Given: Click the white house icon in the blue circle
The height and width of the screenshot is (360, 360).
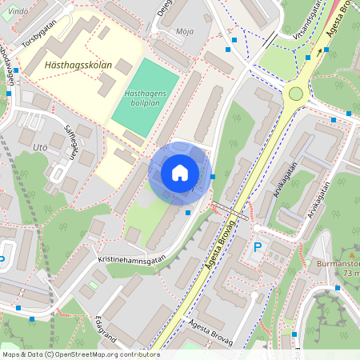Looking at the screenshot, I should (x=180, y=172).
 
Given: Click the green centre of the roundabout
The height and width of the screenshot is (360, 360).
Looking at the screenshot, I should (x=296, y=94).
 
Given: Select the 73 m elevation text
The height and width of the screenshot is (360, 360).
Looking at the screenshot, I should (x=350, y=273).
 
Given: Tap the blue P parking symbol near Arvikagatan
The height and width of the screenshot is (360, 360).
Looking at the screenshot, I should (x=258, y=248).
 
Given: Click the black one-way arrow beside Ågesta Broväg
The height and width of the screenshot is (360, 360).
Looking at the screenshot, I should (x=326, y=50).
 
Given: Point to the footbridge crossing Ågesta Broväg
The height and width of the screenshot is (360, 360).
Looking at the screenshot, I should (x=230, y=210).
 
